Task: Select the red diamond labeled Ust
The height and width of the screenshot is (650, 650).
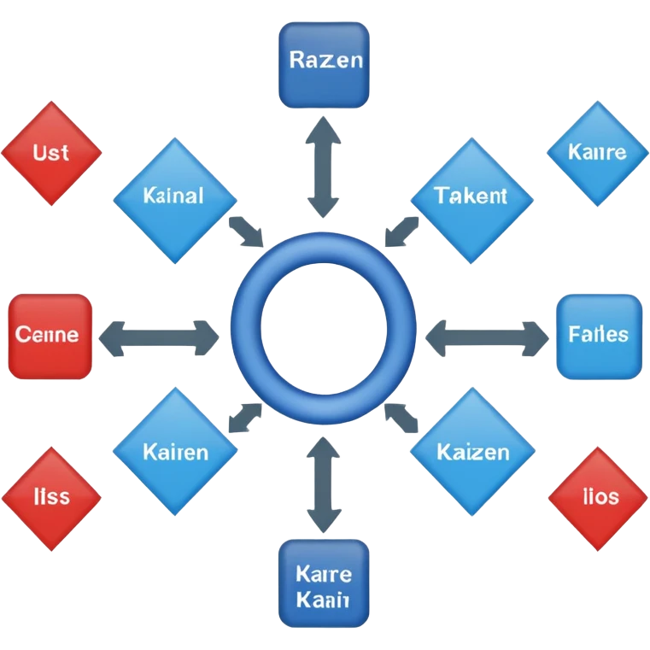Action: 51,153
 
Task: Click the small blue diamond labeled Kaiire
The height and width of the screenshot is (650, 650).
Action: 597,153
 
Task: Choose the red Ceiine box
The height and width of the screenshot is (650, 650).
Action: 50,335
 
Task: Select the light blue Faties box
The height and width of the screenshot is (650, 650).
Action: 598,335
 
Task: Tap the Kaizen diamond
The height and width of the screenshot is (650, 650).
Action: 472,451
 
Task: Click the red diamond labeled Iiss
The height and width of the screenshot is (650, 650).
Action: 51,496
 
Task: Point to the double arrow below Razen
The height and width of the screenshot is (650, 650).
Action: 324,167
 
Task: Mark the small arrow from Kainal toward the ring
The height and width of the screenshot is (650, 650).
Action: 248,231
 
